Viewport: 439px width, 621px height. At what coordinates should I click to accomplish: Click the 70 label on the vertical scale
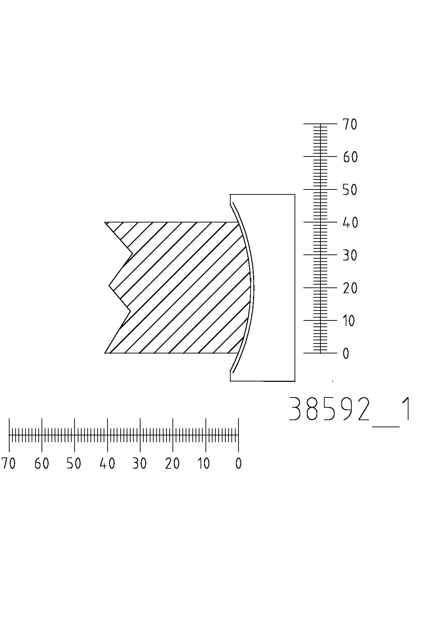(x=350, y=125)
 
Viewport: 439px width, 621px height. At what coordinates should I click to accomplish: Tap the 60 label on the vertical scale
(x=350, y=157)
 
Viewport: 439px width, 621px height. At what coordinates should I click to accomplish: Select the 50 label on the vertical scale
(x=350, y=190)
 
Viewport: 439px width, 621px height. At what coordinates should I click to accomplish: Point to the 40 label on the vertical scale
(x=350, y=223)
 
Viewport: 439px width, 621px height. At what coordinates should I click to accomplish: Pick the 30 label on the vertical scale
(x=350, y=255)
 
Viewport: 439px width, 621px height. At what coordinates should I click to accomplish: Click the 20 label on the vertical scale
(x=350, y=288)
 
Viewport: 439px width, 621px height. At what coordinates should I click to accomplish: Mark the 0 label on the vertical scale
(x=346, y=354)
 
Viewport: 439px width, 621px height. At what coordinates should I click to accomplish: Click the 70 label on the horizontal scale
(x=9, y=463)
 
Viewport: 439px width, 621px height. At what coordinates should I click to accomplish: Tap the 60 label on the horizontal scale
(x=42, y=463)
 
